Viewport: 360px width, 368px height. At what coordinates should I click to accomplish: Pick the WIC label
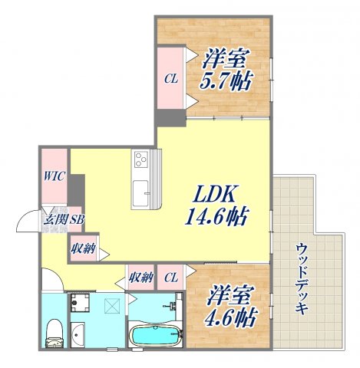point(54,176)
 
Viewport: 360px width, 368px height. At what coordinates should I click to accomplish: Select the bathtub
point(155,336)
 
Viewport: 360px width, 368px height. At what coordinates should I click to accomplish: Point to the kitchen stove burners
point(142,159)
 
